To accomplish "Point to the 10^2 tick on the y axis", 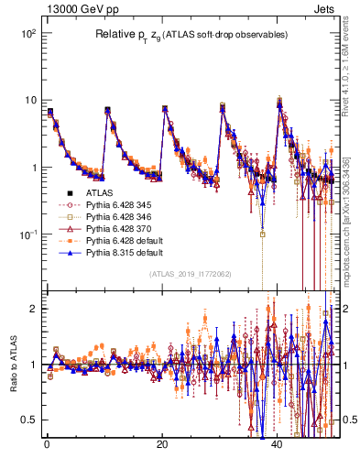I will point(27,33).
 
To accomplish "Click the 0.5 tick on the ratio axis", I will point(29,420).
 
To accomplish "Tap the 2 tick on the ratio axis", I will point(35,309).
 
